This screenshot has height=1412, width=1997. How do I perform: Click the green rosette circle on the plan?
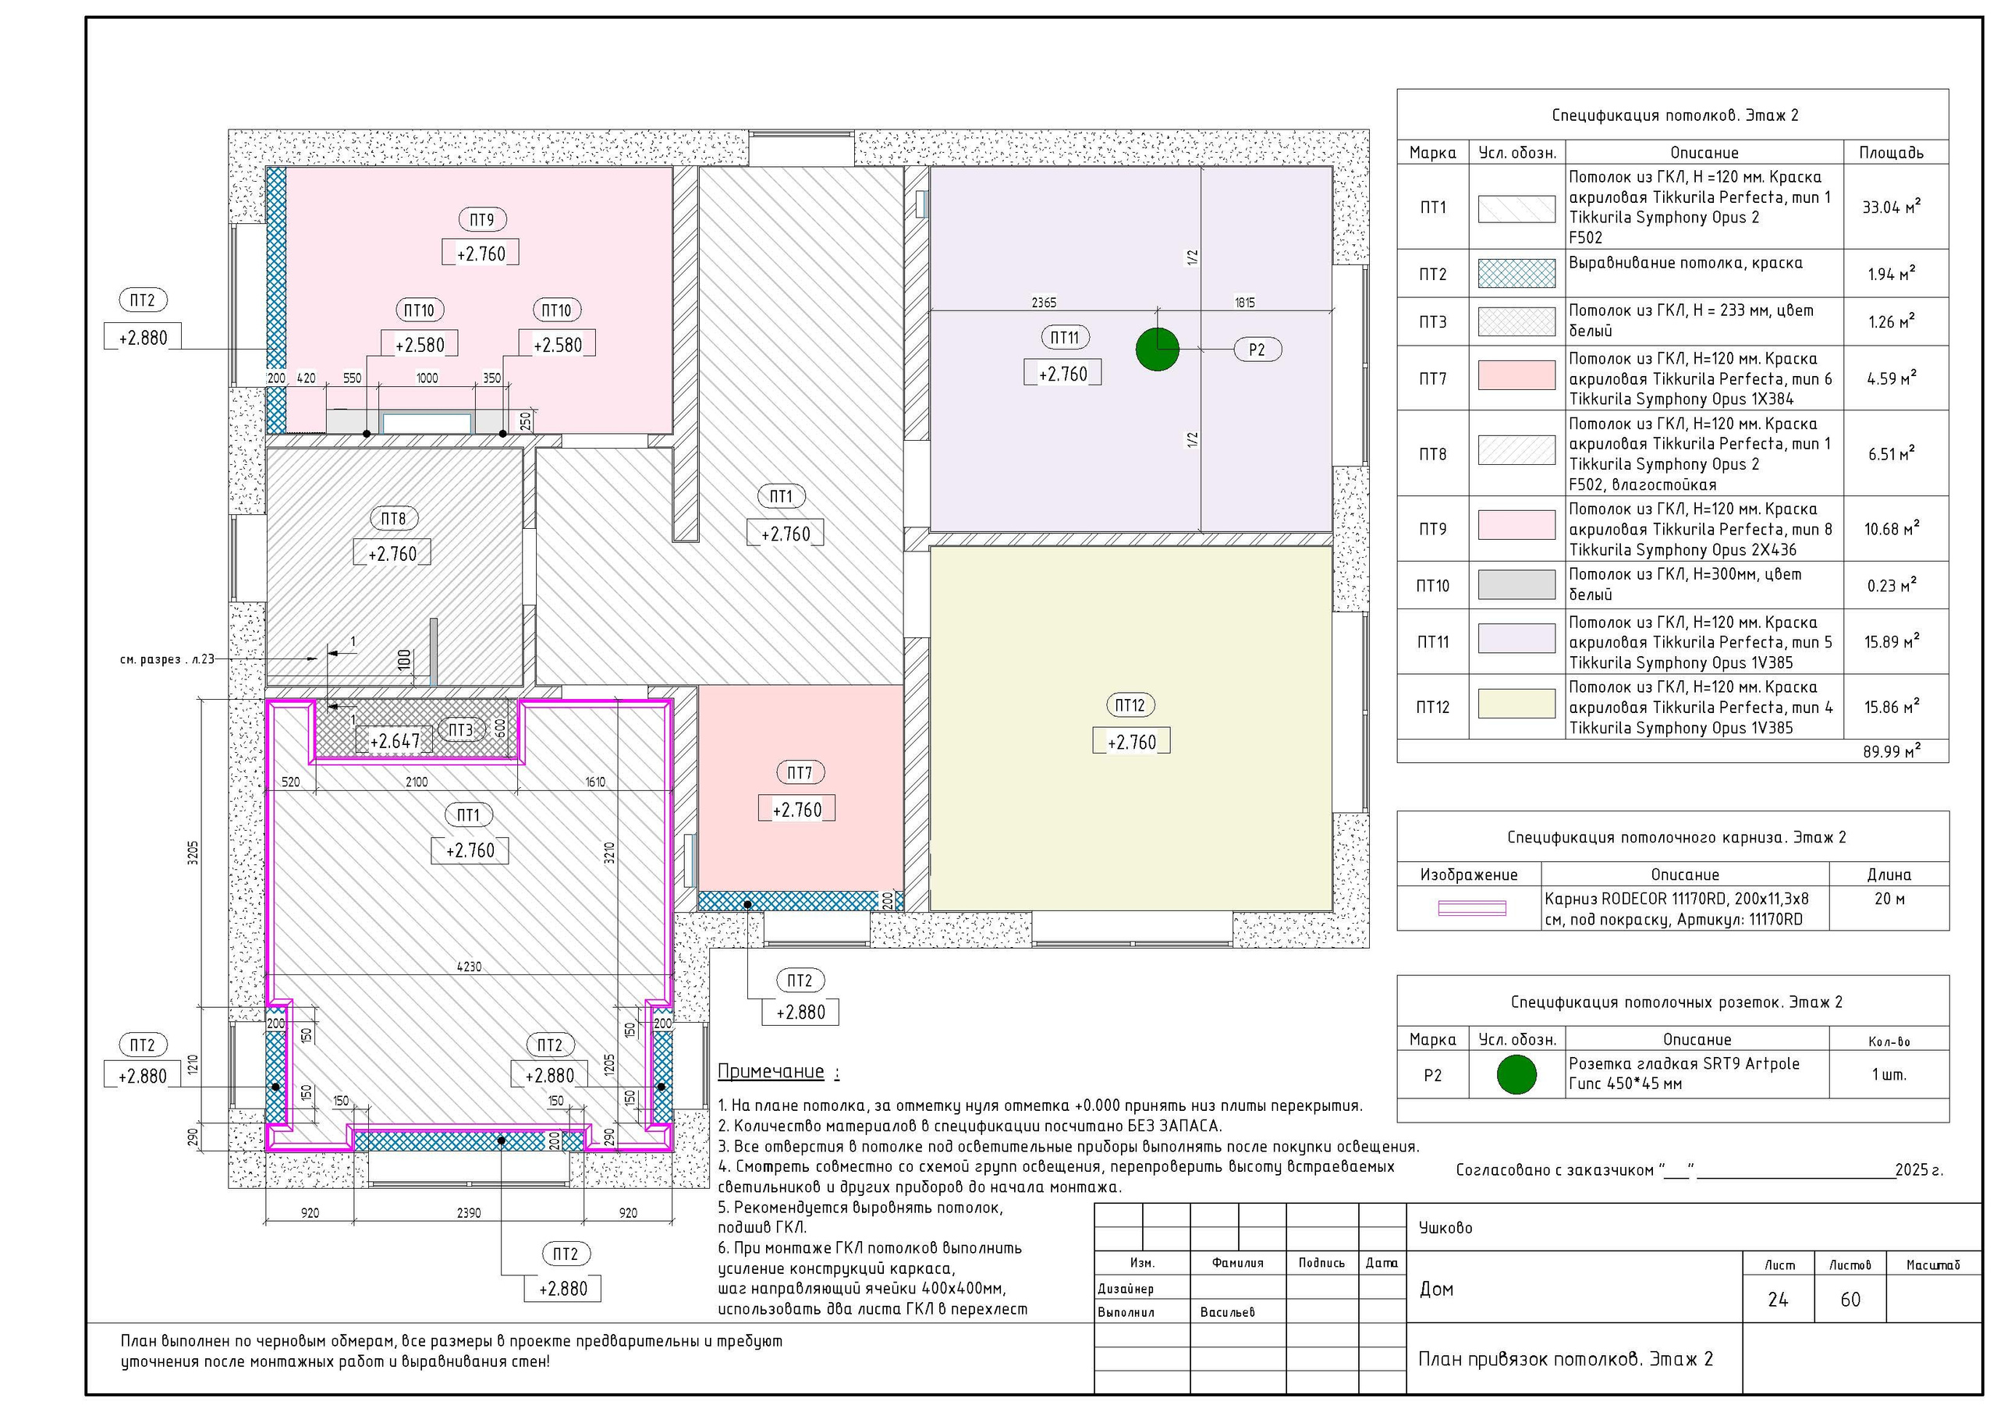1158,349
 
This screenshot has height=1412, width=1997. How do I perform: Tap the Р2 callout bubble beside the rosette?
1257,349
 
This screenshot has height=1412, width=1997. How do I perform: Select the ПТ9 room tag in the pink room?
482,220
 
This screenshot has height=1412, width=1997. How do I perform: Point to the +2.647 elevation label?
395,741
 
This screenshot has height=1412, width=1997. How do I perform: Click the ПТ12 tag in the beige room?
1130,705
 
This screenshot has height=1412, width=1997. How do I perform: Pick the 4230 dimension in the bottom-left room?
469,967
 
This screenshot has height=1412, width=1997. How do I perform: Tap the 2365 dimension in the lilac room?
1044,303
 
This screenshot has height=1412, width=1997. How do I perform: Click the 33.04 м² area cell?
1891,207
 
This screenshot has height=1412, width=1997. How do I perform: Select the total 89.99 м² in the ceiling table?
1892,750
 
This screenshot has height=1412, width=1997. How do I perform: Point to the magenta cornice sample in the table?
1472,908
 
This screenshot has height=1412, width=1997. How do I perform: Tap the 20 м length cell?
1889,899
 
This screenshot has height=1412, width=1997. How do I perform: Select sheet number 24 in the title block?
1778,1300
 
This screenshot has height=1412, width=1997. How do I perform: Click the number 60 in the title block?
1850,1300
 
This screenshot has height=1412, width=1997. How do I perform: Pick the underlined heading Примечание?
771,1072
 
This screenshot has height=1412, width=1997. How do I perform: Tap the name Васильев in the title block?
1227,1312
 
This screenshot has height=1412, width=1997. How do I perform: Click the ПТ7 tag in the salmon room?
800,772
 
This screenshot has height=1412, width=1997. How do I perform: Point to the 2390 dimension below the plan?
469,1213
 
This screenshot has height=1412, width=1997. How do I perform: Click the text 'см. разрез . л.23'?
167,659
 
